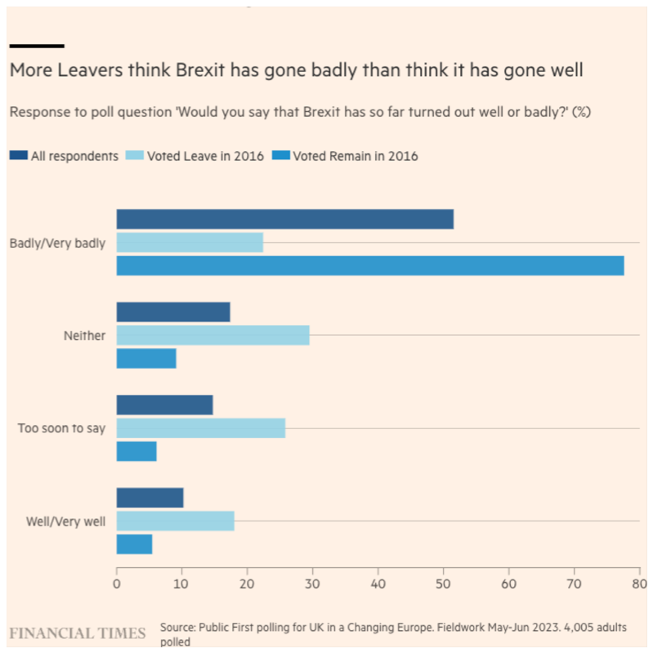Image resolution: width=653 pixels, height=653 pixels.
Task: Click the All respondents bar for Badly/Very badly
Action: [284, 219]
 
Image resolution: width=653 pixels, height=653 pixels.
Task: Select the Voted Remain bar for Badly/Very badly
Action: [369, 266]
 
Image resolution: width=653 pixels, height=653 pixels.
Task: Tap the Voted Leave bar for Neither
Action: [212, 335]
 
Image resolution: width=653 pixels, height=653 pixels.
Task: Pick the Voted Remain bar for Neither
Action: [146, 358]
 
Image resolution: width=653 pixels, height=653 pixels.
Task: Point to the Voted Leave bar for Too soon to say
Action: [201, 427]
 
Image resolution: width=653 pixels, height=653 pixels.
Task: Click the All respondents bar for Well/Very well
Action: [150, 497]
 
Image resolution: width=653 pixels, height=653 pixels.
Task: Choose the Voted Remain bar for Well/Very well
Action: [134, 543]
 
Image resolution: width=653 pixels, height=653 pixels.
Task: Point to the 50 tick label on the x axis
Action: [443, 584]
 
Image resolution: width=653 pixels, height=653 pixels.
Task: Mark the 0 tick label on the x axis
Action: [117, 584]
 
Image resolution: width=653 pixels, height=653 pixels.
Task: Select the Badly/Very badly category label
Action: [57, 243]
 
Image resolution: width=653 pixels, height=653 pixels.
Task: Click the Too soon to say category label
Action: [61, 427]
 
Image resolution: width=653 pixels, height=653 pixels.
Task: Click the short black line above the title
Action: [37, 46]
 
